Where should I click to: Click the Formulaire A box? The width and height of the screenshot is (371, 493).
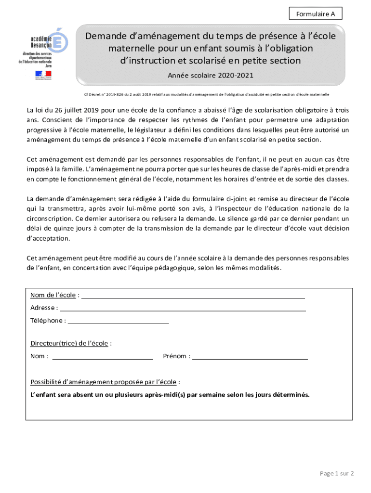coord(317,14)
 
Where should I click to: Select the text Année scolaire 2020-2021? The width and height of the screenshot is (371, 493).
coord(210,76)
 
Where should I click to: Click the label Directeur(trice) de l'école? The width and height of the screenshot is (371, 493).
coord(69,343)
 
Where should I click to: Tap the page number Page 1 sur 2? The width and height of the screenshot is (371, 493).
coord(337,473)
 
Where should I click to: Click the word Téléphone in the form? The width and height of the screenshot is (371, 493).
coord(46,321)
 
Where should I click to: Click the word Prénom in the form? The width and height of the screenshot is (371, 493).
coord(175,356)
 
